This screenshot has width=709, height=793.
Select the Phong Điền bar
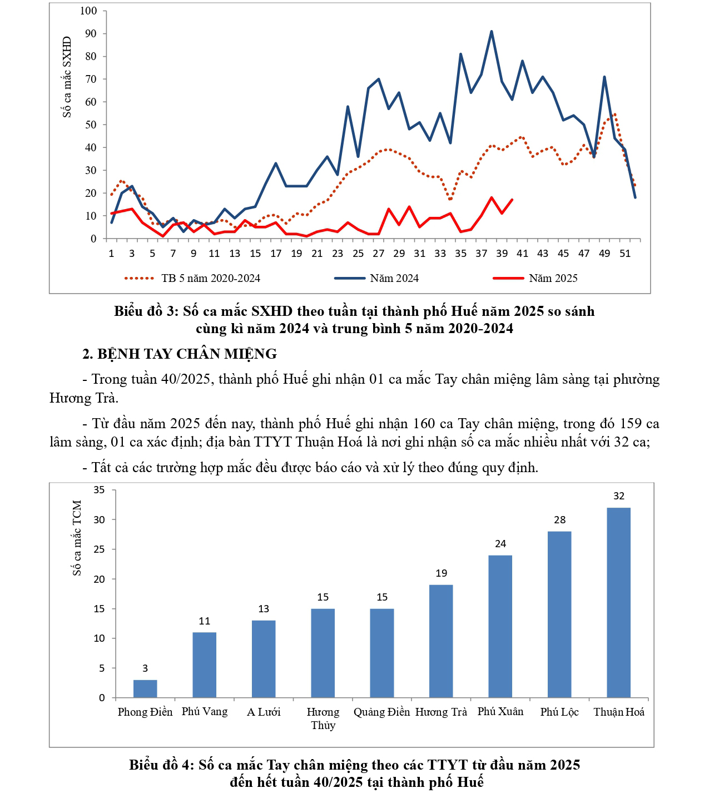[x=145, y=688]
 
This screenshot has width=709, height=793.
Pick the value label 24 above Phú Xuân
[x=500, y=544]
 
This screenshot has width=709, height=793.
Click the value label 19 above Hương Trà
[x=442, y=573]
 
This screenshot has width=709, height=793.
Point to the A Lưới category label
[x=264, y=712]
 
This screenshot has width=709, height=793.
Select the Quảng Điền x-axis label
[x=381, y=712]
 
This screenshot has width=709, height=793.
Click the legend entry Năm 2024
[x=394, y=278]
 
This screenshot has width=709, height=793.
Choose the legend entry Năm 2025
[x=553, y=278]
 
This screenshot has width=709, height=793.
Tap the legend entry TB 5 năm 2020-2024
[x=211, y=278]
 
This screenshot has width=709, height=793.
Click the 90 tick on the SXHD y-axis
[x=91, y=33]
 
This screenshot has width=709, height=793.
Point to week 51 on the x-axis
[x=625, y=254]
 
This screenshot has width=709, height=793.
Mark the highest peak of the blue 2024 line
[x=492, y=32]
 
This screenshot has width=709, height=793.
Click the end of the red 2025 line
[x=512, y=200]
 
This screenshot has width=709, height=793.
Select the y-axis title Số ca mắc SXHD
[x=67, y=77]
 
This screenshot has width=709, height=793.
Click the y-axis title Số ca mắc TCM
[x=77, y=538]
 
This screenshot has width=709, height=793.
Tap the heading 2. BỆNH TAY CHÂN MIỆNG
[x=180, y=354]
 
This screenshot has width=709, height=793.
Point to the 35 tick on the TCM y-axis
[x=99, y=490]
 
